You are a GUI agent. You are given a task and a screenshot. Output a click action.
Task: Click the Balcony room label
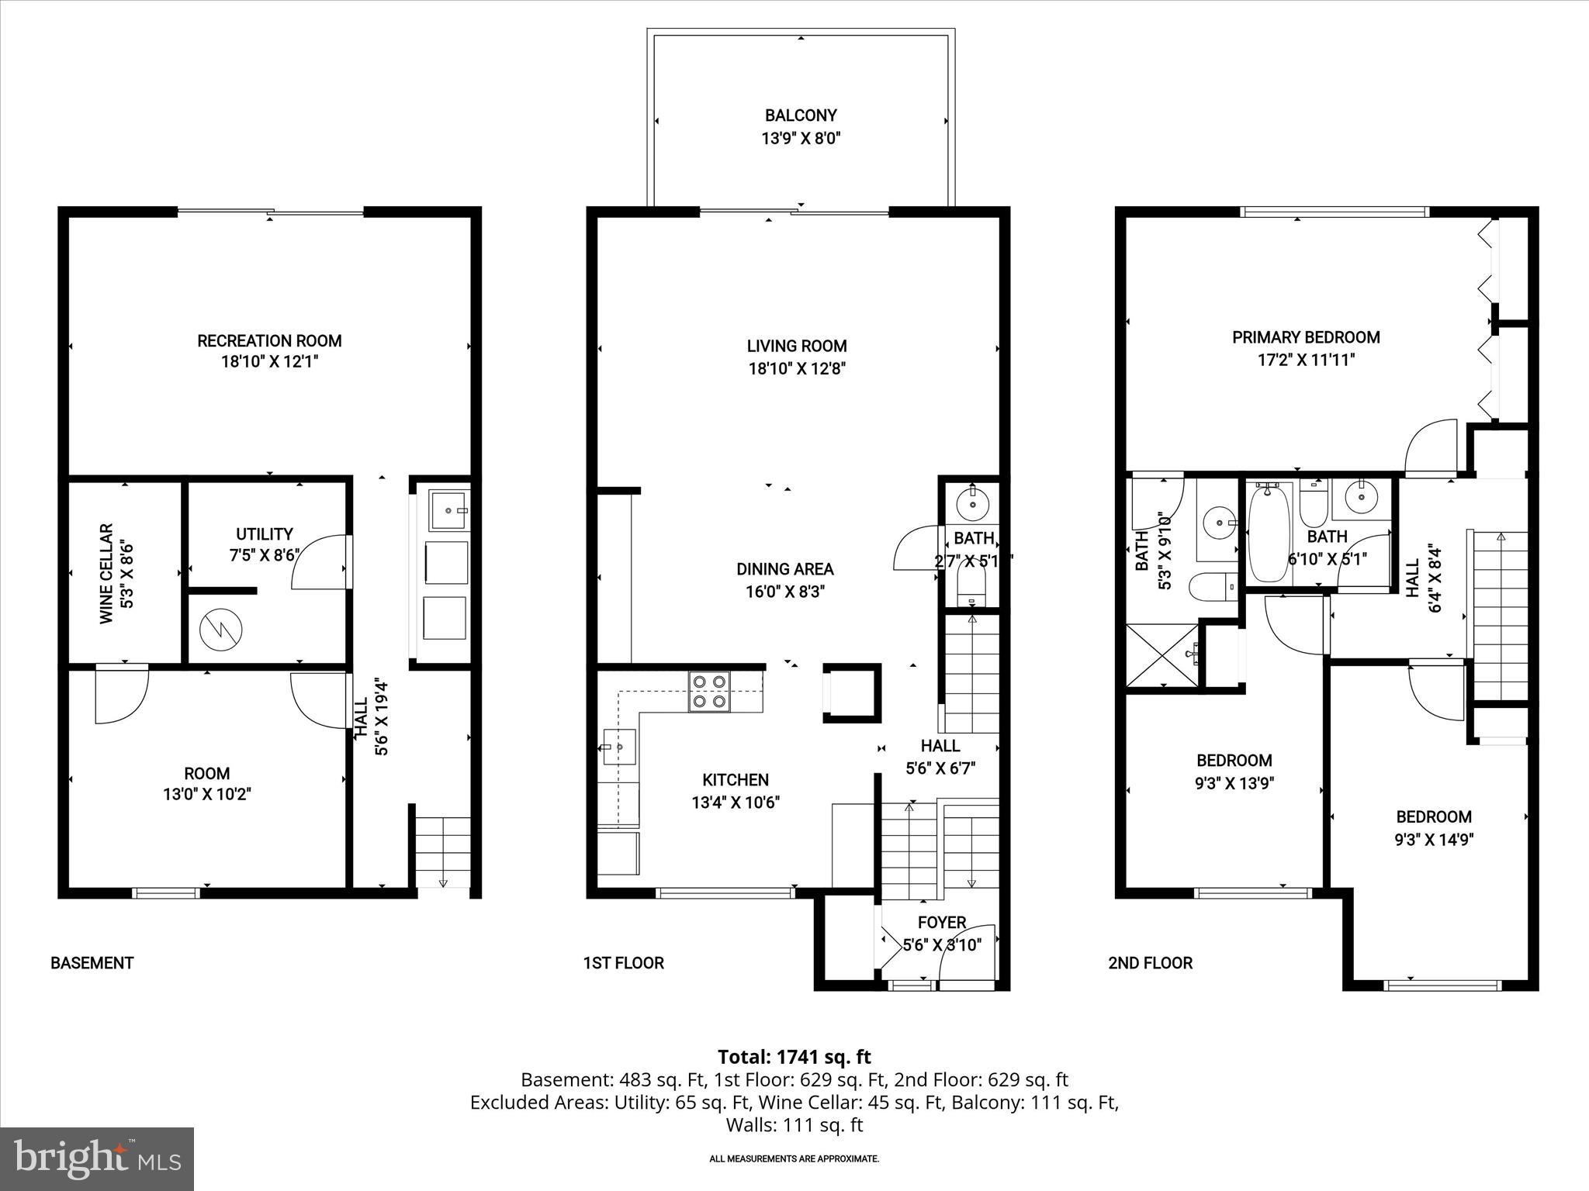click(x=801, y=116)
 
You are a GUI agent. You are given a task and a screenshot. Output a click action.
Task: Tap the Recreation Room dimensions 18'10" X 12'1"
click(x=269, y=361)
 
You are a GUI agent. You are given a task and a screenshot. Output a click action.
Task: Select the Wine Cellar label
click(x=106, y=573)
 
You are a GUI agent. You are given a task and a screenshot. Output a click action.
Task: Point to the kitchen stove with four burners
click(x=710, y=692)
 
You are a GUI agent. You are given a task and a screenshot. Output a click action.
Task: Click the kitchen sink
click(x=619, y=747)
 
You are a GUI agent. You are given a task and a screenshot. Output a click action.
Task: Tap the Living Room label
click(x=796, y=346)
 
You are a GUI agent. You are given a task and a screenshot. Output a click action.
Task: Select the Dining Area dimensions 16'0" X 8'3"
click(x=785, y=592)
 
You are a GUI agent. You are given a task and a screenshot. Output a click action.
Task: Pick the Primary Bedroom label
click(x=1306, y=337)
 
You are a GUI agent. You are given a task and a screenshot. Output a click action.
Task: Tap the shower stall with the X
click(x=1162, y=654)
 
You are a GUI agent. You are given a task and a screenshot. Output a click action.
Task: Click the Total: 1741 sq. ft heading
click(x=794, y=1057)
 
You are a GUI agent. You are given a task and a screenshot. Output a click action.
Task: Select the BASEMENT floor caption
click(x=92, y=963)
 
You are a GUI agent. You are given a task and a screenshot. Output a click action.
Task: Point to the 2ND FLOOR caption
click(x=1150, y=963)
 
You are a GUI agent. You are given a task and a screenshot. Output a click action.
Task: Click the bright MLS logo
click(x=97, y=1158)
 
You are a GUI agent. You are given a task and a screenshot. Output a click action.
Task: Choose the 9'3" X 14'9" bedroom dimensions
click(x=1434, y=839)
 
